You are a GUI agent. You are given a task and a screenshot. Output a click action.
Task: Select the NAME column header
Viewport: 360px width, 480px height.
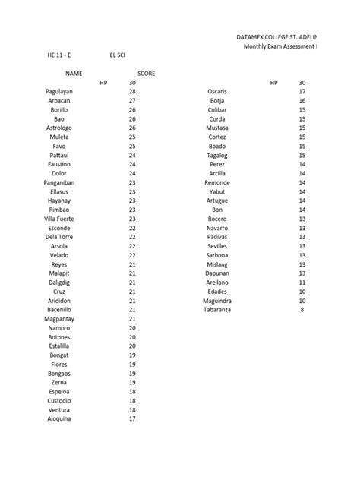(73, 73)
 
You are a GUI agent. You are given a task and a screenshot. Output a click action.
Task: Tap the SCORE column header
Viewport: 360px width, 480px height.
(147, 73)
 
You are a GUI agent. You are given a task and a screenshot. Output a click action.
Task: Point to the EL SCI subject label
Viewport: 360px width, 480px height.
(118, 55)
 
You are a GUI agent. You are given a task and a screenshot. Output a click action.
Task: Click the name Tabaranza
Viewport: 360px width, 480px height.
(218, 310)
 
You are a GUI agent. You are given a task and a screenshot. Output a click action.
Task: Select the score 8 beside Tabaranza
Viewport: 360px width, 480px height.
(302, 310)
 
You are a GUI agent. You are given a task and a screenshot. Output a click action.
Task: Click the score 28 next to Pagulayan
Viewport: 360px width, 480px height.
(132, 91)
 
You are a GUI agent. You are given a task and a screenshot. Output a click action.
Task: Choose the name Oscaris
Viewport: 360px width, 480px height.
(218, 91)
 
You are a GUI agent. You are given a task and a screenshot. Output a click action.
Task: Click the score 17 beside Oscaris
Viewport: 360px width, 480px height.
(302, 91)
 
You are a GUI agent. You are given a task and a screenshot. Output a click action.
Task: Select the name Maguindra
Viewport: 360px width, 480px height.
(218, 301)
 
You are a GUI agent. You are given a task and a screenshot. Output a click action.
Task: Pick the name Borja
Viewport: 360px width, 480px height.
(217, 100)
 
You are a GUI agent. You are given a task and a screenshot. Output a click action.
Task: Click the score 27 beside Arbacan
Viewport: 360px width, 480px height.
(132, 100)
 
